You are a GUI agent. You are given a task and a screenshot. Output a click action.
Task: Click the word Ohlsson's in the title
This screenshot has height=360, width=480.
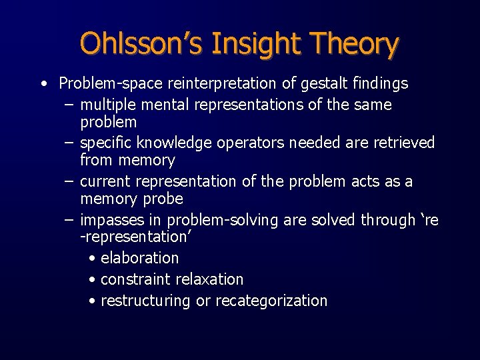141,44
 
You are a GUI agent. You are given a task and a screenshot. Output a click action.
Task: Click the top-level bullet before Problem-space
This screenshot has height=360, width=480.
43,84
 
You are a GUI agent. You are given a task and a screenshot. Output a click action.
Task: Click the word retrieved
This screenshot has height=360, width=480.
400,143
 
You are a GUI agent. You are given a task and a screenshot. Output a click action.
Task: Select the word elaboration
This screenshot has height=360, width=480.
139,258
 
